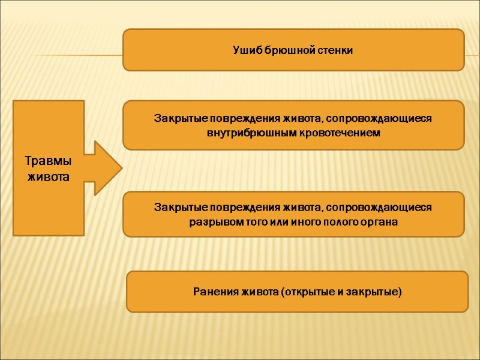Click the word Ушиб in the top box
click(245, 50)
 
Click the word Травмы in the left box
click(48, 163)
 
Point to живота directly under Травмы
click(48, 178)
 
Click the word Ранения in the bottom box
click(215, 292)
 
